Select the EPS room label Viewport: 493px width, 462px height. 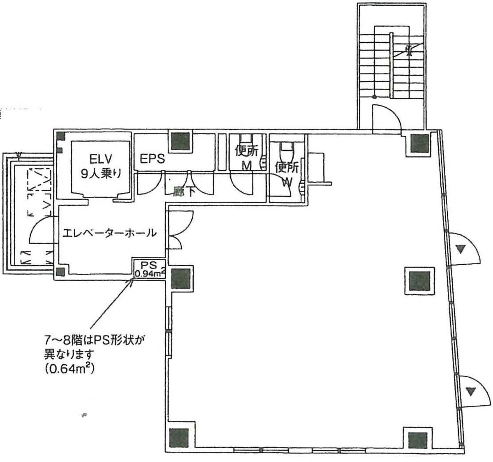(x=152, y=159)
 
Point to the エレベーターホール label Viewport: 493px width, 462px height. (x=109, y=233)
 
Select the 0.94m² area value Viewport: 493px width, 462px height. (x=149, y=273)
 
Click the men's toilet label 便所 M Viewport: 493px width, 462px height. (x=247, y=158)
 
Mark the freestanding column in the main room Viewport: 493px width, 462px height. (x=419, y=281)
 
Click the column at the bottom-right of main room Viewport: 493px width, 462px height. (x=418, y=440)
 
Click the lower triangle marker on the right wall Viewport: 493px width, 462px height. (x=470, y=391)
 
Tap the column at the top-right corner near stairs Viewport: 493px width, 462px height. (x=419, y=143)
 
